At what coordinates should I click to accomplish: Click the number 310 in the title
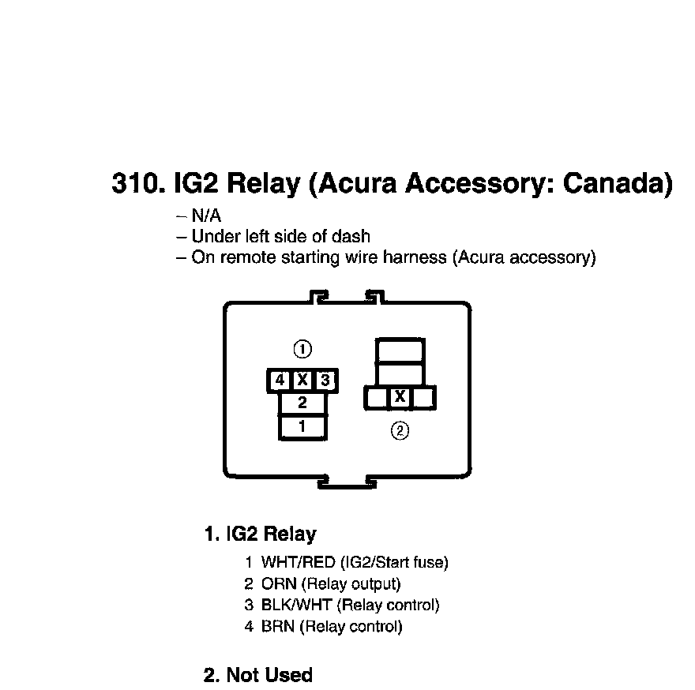pyautogui.click(x=137, y=183)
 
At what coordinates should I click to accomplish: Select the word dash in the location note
pyautogui.click(x=352, y=236)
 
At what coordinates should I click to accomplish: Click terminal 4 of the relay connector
pyautogui.click(x=280, y=381)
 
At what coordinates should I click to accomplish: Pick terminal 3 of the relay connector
pyautogui.click(x=325, y=381)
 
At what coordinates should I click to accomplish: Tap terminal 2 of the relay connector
pyautogui.click(x=302, y=403)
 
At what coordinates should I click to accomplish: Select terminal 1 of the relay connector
pyautogui.click(x=302, y=426)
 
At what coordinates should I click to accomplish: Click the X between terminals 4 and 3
pyautogui.click(x=302, y=381)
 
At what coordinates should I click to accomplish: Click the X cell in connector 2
pyautogui.click(x=400, y=397)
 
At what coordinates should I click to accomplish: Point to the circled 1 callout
pyautogui.click(x=302, y=349)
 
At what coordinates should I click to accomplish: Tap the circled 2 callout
pyautogui.click(x=400, y=430)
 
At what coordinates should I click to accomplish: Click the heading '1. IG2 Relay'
pyautogui.click(x=260, y=534)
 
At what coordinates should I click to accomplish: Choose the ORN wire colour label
pyautogui.click(x=279, y=584)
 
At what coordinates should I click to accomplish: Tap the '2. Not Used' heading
pyautogui.click(x=258, y=675)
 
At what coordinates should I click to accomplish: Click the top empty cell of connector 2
pyautogui.click(x=400, y=349)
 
